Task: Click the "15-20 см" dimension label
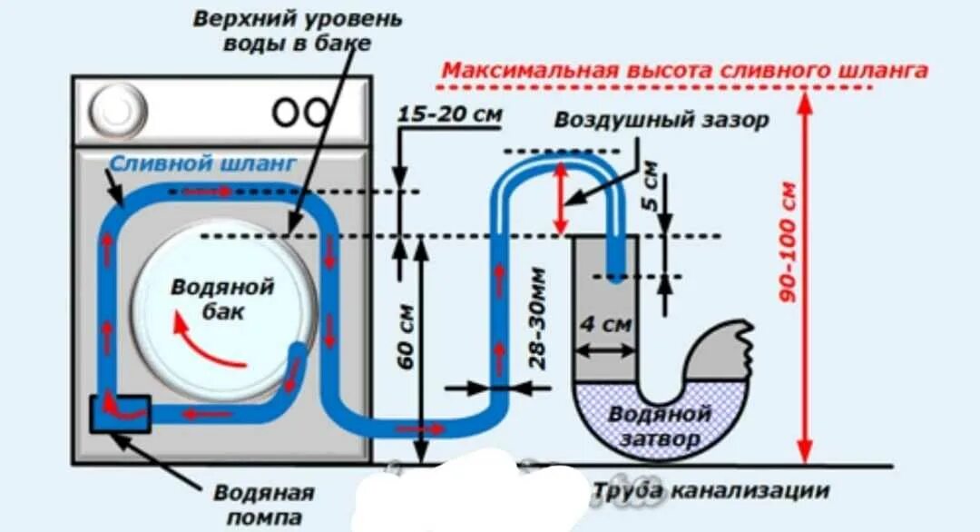click(x=449, y=115)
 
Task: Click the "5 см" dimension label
click(x=650, y=186)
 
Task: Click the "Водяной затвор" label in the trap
click(x=659, y=426)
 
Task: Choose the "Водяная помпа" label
click(x=264, y=505)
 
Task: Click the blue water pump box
click(x=120, y=413)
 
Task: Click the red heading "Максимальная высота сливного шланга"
click(x=684, y=71)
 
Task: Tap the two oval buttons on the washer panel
click(x=301, y=112)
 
